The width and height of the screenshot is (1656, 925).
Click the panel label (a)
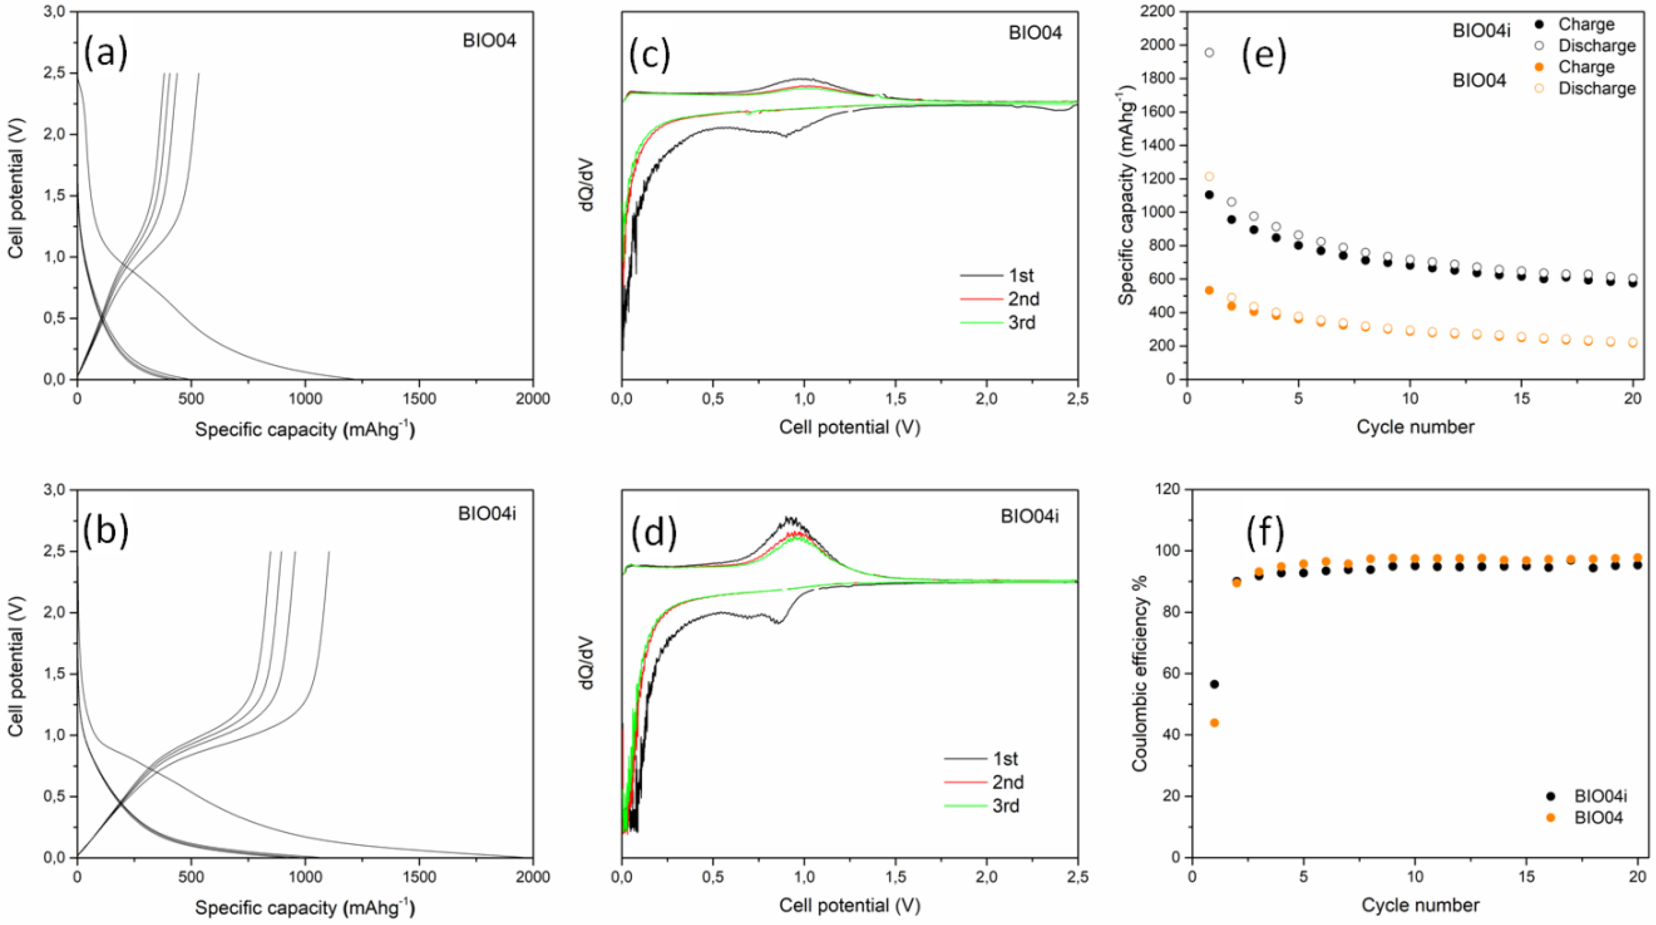pos(106,53)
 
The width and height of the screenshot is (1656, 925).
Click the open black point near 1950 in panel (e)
pos(1209,53)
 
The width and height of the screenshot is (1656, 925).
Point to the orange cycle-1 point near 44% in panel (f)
pos(1214,722)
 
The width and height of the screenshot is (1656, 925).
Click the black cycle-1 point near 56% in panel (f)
pos(1214,684)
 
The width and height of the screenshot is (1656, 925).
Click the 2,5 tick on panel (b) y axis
pos(53,551)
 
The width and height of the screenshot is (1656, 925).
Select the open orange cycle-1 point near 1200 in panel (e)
pos(1209,176)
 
